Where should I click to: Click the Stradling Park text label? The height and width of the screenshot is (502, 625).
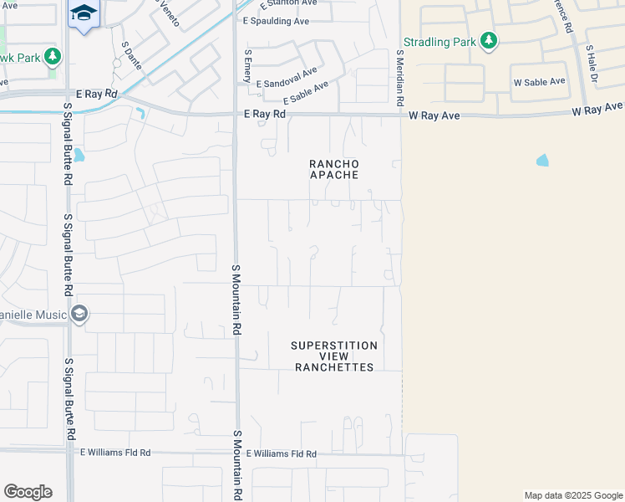point(439,41)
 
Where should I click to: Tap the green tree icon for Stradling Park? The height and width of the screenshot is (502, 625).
point(489,40)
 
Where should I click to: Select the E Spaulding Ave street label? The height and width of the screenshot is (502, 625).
point(276,21)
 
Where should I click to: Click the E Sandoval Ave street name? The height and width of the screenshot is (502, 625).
point(287,79)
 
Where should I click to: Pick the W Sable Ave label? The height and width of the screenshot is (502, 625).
point(539,82)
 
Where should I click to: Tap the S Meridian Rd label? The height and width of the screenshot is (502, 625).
point(400,77)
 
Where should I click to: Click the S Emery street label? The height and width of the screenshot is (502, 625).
point(246,65)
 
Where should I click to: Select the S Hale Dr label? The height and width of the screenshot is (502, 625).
point(592,66)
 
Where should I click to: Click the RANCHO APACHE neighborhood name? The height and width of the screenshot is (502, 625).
point(334,169)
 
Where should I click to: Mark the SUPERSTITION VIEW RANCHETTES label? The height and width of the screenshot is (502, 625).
point(334,356)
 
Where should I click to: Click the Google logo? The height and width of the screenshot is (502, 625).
point(28,491)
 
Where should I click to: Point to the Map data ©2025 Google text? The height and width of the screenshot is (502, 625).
point(572,495)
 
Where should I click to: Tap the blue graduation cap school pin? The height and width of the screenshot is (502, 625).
point(84,14)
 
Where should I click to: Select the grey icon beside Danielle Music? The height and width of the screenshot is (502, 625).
point(79,314)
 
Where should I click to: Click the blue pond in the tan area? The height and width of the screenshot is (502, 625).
point(542,160)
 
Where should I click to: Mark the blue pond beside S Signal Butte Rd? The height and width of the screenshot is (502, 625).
point(79,155)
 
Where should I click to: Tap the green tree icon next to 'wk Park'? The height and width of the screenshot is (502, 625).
point(53,57)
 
